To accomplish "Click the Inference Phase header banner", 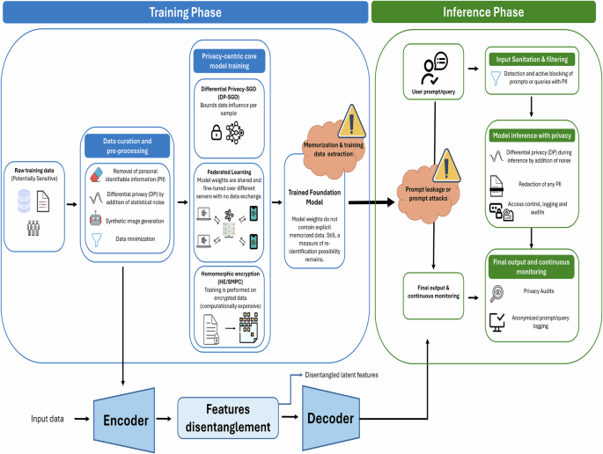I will pos(484,12).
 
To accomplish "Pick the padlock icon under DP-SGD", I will pos(215,132).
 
